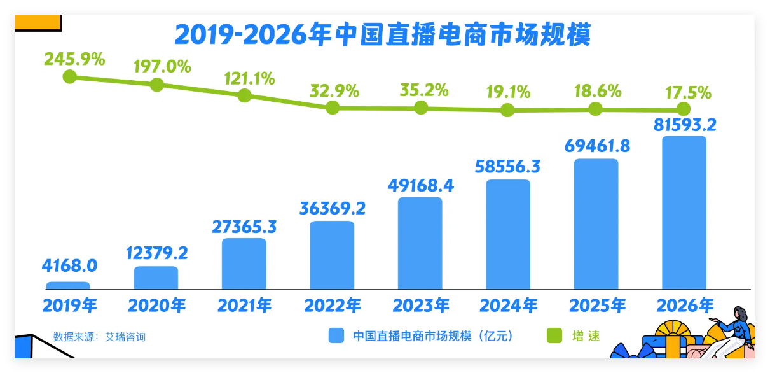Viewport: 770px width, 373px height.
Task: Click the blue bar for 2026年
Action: coord(684,213)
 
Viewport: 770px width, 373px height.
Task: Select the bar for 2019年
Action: coord(68,285)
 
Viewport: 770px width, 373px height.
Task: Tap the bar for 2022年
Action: coord(332,255)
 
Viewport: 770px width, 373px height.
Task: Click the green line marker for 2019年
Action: coord(70,77)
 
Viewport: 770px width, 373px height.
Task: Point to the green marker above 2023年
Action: coord(420,107)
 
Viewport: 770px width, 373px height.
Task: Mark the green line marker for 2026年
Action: coord(684,109)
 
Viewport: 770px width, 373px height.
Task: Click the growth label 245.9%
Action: coord(74,59)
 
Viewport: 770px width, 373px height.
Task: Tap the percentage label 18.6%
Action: coord(596,91)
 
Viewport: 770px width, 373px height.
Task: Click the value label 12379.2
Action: coord(156,253)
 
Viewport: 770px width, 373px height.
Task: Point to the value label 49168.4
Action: coord(420,186)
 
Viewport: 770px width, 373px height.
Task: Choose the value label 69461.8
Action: coord(597,146)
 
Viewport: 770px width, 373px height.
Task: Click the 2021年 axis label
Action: coord(244,306)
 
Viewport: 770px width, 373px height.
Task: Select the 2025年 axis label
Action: coord(596,306)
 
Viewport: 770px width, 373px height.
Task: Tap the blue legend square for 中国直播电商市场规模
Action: coord(336,335)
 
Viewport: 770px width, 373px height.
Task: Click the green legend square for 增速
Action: coord(554,335)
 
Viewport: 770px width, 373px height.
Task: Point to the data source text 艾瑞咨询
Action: coord(130,336)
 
